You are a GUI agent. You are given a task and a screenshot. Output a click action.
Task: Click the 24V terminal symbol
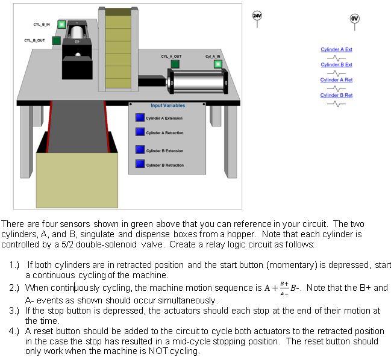click(x=257, y=16)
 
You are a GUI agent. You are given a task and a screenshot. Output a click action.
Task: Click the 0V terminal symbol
click(x=354, y=19)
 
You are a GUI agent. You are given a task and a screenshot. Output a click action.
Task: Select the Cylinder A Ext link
click(x=336, y=49)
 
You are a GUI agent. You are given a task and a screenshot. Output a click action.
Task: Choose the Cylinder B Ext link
click(x=336, y=64)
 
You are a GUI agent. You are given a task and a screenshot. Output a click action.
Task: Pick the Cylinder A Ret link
click(x=336, y=80)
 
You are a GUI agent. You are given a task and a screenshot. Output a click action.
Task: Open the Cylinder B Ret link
click(x=336, y=95)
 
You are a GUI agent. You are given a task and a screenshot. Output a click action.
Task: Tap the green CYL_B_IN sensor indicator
click(x=61, y=25)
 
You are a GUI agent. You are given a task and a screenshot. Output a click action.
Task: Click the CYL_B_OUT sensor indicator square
click(x=56, y=40)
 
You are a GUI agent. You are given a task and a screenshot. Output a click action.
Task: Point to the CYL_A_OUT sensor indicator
click(x=175, y=63)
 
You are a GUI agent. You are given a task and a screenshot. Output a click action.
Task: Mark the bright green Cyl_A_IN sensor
click(x=217, y=63)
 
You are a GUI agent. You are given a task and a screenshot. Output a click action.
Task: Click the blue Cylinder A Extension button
click(x=140, y=118)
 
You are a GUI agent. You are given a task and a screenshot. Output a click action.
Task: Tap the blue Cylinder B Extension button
click(x=140, y=151)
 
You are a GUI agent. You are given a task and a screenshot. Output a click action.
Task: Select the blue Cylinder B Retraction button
click(x=140, y=164)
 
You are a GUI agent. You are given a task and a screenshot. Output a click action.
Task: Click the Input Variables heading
click(x=167, y=106)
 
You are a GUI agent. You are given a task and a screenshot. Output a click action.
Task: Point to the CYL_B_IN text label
click(x=42, y=25)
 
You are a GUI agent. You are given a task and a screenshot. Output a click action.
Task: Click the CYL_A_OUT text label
click(x=171, y=56)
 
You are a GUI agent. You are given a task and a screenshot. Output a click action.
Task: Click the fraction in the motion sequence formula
click(x=284, y=288)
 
